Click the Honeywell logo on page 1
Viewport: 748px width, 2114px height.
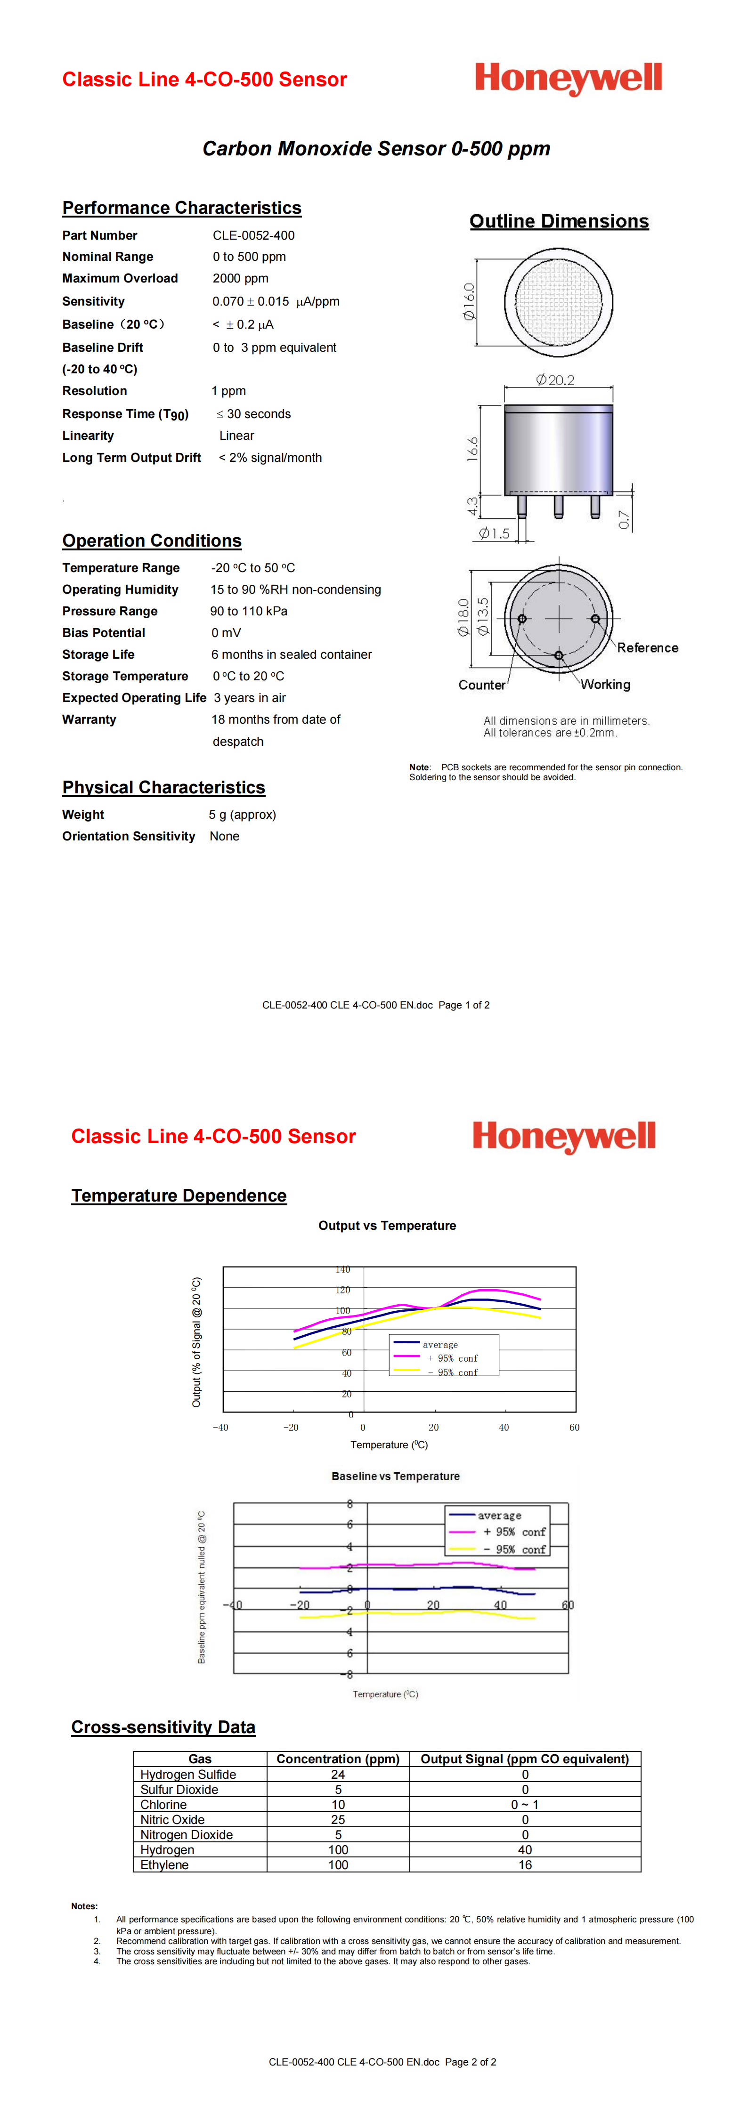[x=568, y=79]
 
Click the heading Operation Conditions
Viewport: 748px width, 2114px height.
[x=152, y=541]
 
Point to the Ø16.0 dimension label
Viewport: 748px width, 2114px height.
[x=469, y=301]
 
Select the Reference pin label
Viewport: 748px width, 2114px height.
[x=648, y=647]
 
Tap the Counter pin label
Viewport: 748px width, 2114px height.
[x=482, y=685]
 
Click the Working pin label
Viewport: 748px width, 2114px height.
[x=606, y=685]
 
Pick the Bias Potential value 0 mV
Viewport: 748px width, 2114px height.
[x=226, y=633]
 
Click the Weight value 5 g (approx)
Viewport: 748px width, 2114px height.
[x=242, y=815]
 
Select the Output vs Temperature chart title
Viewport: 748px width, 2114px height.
[x=387, y=1225]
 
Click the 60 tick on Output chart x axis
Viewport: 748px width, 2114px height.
[x=574, y=1427]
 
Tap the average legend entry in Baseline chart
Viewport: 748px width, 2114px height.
[x=499, y=1516]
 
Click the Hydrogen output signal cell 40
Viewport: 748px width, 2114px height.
[x=525, y=1850]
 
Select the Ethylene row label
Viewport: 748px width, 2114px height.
[x=164, y=1864]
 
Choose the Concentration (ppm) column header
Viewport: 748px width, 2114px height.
[x=337, y=1759]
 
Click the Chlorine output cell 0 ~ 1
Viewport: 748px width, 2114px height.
[x=525, y=1805]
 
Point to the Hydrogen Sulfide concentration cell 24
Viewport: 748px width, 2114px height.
[x=337, y=1774]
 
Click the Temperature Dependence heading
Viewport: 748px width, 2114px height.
[x=179, y=1196]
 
